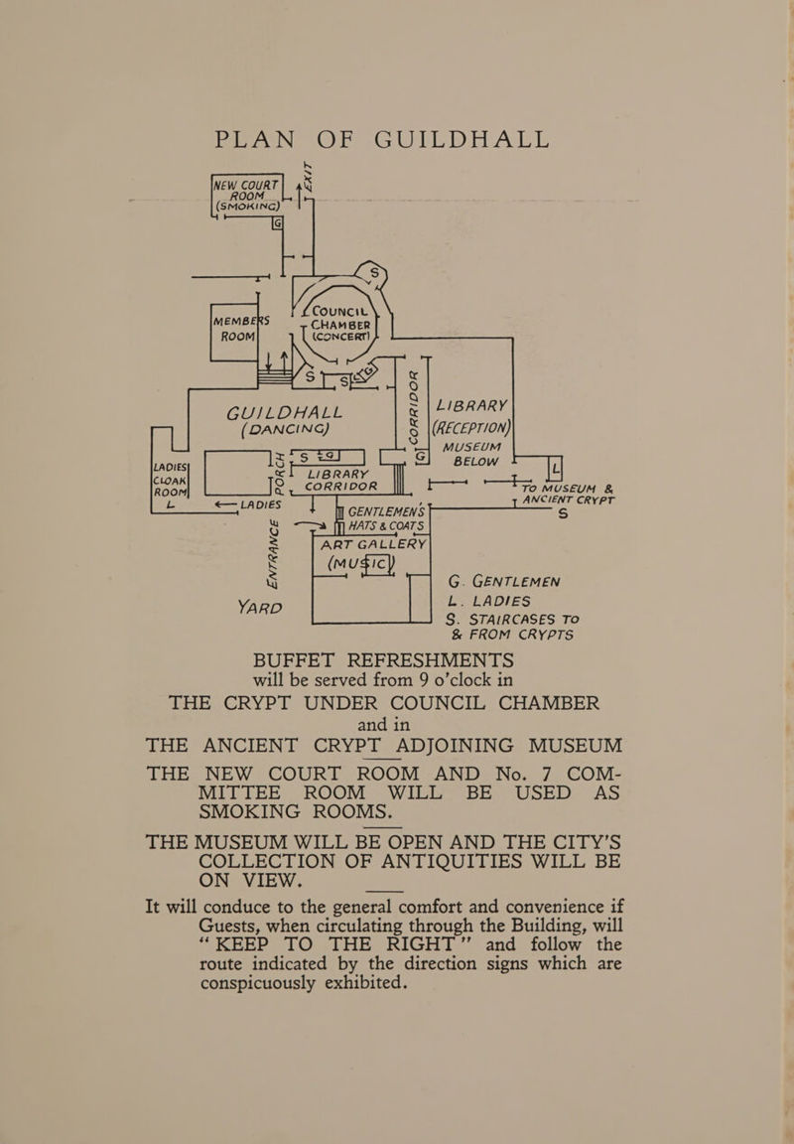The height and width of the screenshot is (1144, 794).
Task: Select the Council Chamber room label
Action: [340, 323]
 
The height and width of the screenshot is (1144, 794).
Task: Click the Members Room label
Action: [241, 329]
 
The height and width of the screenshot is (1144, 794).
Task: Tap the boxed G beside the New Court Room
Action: [277, 224]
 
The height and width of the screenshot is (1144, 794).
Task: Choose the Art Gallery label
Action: [373, 544]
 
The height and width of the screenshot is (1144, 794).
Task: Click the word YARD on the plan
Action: [260, 607]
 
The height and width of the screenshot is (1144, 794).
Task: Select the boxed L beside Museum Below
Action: [556, 466]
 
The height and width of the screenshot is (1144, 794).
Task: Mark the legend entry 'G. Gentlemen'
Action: [504, 582]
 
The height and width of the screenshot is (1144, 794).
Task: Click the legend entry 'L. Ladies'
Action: [489, 601]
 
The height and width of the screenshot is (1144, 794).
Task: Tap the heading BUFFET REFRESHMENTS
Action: [383, 660]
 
